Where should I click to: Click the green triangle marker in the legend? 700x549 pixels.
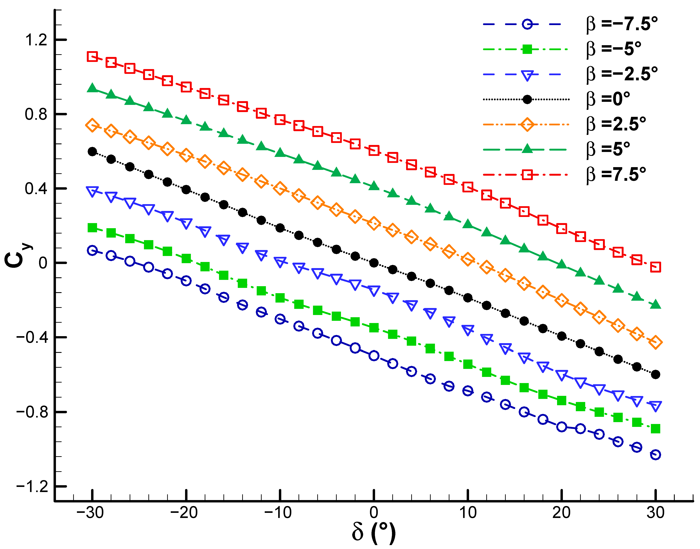[x=527, y=149]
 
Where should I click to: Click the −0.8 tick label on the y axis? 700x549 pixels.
[x=32, y=412]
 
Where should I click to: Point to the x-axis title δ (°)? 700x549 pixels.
[x=374, y=532]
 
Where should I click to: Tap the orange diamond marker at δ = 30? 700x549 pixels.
[x=655, y=342]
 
